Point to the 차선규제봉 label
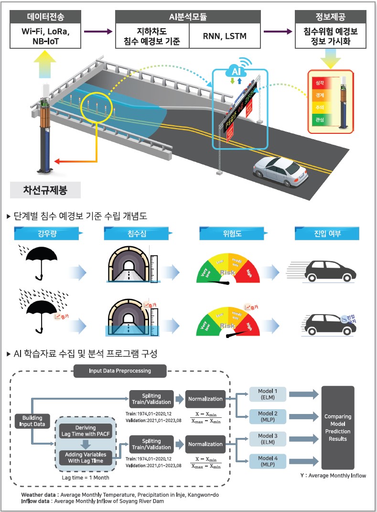pos(45,190)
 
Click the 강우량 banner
pos(48,234)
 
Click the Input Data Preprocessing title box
pos(120,370)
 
